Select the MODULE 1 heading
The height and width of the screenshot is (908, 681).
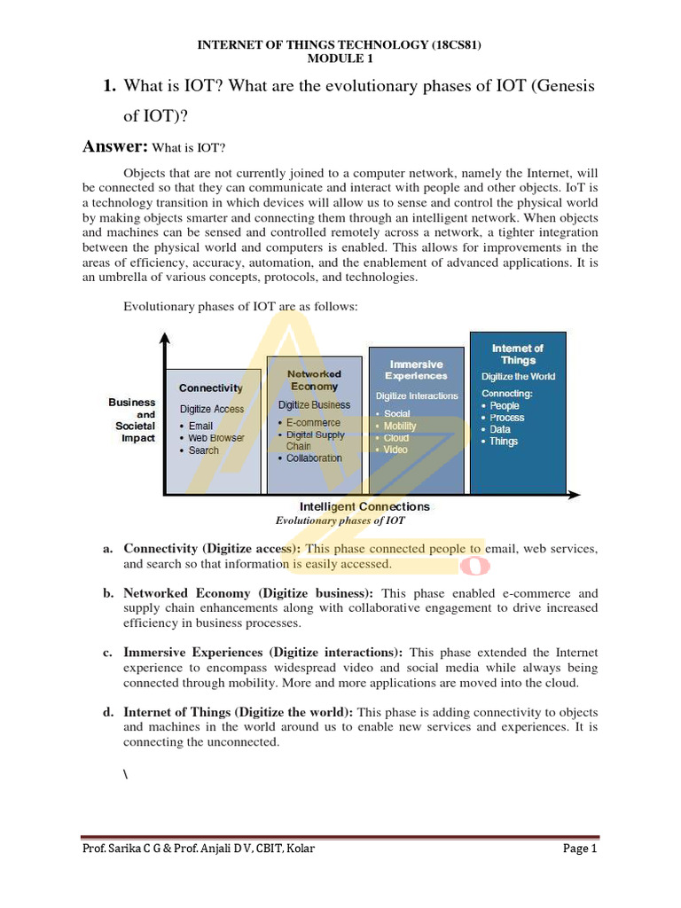340,59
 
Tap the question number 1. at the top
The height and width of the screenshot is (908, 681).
110,86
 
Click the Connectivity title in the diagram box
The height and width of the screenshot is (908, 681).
210,388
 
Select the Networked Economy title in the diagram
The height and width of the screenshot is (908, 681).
314,380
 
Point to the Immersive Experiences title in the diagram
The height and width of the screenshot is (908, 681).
416,370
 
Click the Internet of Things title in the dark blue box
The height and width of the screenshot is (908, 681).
518,354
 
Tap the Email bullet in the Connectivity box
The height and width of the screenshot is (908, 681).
200,426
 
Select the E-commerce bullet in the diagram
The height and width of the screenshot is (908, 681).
312,423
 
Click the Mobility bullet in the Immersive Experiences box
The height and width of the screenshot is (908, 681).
400,426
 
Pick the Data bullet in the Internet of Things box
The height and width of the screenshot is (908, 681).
499,429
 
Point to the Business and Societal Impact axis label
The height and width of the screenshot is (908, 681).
133,419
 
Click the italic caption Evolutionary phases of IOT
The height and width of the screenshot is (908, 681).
340,521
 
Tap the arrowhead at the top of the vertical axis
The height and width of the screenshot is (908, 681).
165,340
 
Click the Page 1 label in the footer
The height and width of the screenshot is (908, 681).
581,849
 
